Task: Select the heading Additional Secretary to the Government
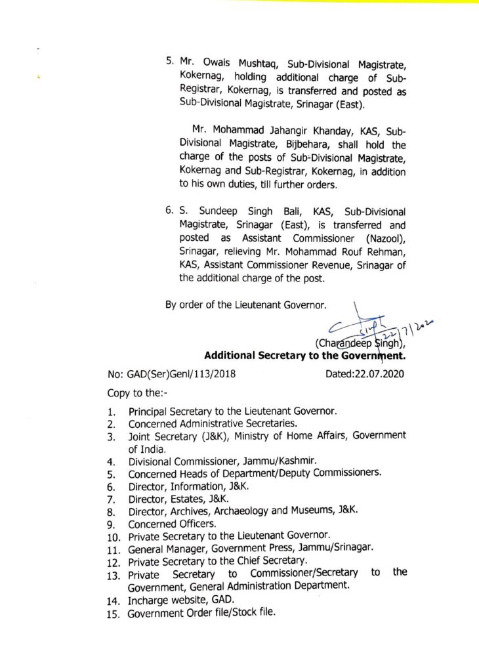305,356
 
